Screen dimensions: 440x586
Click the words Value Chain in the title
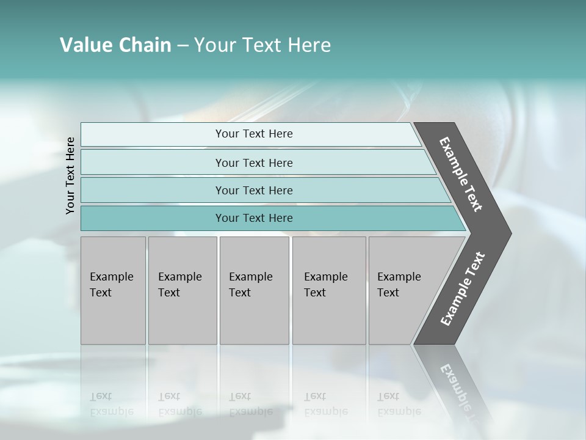[x=115, y=45]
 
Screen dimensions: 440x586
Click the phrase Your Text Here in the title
[x=262, y=45]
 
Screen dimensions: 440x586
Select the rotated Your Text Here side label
[x=70, y=175]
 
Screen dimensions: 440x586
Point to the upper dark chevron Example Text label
[x=461, y=174]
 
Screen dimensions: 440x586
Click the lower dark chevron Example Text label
[x=462, y=289]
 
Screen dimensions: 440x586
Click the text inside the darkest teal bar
[x=254, y=218]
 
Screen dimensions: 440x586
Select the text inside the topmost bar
[x=254, y=134]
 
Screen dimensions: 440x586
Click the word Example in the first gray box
[x=111, y=277]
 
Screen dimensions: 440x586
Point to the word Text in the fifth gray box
[x=388, y=293]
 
